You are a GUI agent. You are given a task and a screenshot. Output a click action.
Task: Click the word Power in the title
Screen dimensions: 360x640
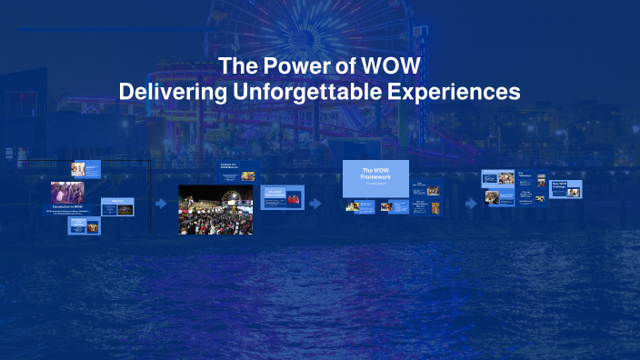(x=296, y=68)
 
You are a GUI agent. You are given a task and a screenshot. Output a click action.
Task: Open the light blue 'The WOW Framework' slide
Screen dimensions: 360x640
(x=375, y=178)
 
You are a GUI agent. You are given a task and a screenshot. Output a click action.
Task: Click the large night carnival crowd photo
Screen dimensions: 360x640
(x=215, y=209)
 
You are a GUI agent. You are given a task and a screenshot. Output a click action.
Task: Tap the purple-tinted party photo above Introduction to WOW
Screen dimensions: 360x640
(x=67, y=192)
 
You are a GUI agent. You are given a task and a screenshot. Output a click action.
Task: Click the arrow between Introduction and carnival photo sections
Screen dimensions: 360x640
(x=161, y=204)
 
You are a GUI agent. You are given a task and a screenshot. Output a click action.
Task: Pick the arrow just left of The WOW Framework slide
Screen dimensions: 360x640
(x=315, y=204)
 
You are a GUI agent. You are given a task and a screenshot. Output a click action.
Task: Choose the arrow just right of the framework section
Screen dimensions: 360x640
(x=471, y=204)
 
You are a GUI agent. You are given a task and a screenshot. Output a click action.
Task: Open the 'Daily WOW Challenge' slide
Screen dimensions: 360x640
(x=565, y=188)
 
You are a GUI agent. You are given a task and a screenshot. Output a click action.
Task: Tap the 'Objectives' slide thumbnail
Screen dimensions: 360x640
(x=117, y=206)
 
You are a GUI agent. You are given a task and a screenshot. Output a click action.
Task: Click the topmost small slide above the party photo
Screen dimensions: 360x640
(x=85, y=169)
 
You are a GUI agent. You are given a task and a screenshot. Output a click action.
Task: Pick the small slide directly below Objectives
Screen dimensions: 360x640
(x=85, y=225)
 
